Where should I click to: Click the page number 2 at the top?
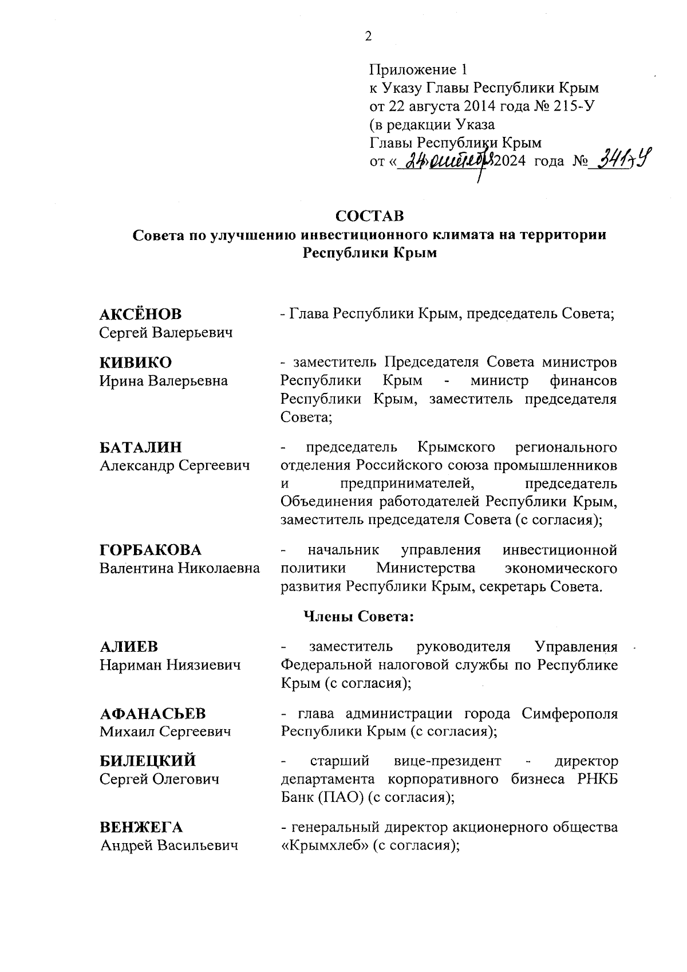[x=368, y=37]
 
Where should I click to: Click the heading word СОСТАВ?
[x=369, y=216]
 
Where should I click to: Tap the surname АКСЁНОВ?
[x=140, y=314]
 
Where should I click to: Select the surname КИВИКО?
[x=136, y=363]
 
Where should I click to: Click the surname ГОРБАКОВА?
[x=151, y=550]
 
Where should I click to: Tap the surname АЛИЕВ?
[x=128, y=647]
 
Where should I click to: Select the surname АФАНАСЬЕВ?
[x=153, y=714]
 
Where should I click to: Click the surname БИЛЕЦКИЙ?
[x=148, y=761]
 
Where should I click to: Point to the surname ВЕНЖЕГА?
[x=141, y=828]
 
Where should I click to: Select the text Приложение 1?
[x=418, y=70]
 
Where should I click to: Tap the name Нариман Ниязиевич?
[x=170, y=665]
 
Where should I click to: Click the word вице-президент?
[x=447, y=761]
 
